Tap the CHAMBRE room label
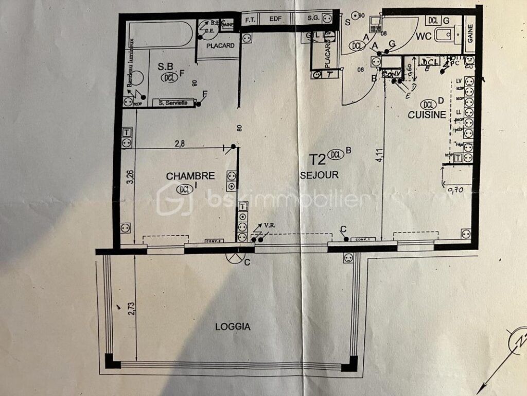coord(190,176)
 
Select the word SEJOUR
coord(319,175)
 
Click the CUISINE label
coord(427,115)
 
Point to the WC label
coord(423,37)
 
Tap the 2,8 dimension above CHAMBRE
coord(180,144)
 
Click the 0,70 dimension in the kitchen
coord(453,190)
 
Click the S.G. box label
coord(313,19)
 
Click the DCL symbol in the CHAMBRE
coord(184,189)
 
